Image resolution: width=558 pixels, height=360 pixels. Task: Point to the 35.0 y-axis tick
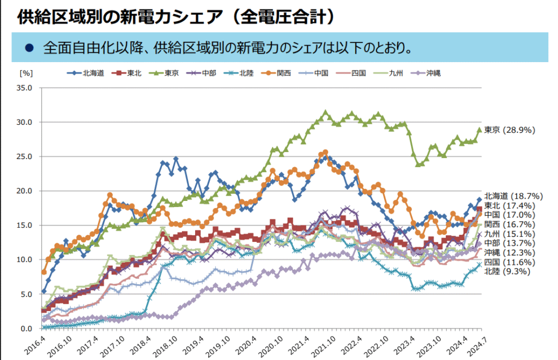coord(26,88)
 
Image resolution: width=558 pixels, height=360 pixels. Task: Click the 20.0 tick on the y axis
coord(26,191)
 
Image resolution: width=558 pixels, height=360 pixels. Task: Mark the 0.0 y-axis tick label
coord(28,328)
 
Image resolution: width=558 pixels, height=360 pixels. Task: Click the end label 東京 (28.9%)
coord(510,130)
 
